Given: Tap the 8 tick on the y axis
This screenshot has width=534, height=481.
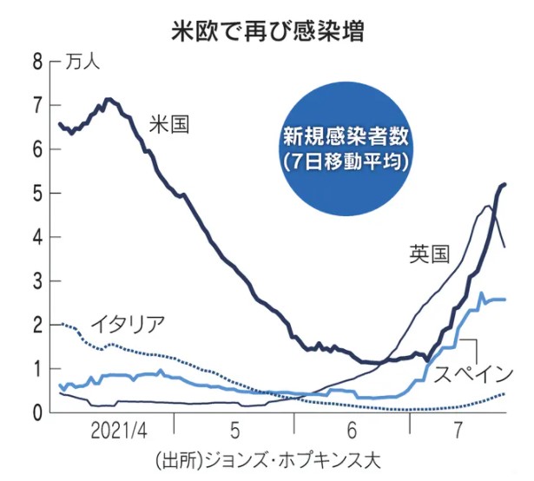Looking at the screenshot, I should (36, 62).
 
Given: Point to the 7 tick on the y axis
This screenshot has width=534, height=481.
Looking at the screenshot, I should (36, 106).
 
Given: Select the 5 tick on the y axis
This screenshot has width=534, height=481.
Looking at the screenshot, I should (36, 194).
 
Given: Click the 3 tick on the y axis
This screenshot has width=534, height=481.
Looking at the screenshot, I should (36, 281).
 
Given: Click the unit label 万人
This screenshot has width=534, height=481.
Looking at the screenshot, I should (82, 62).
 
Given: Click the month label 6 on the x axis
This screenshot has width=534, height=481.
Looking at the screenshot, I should (351, 431).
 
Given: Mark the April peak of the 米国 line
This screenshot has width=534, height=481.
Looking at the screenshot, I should (108, 99).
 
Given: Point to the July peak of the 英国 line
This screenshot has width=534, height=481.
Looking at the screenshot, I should (488, 206).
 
